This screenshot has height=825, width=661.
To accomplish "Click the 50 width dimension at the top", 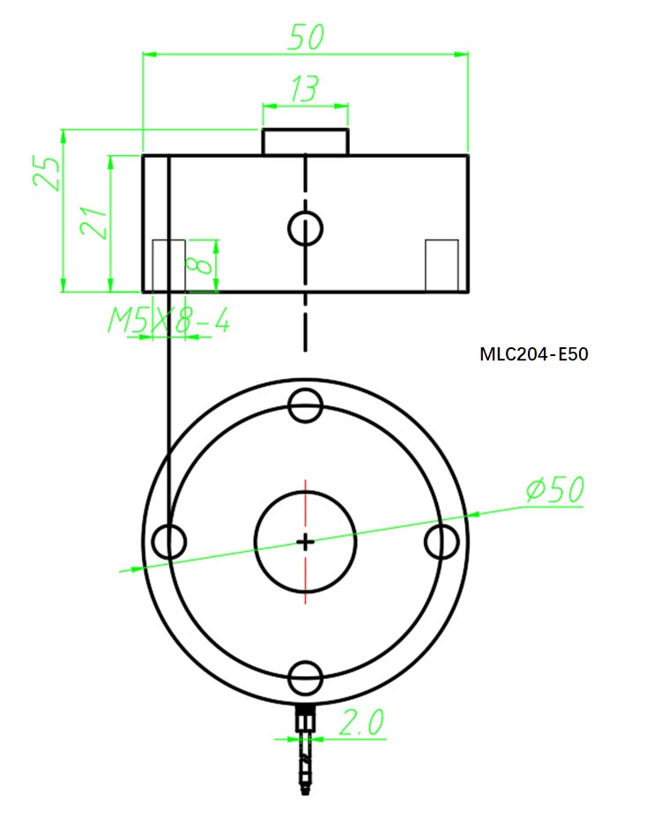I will (x=306, y=36).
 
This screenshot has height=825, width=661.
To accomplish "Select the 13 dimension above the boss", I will (x=304, y=89).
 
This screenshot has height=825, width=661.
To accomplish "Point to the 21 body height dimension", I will (x=94, y=223).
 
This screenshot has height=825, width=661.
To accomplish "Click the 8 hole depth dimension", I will (x=201, y=263).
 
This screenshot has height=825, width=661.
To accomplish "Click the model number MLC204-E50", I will (x=533, y=354).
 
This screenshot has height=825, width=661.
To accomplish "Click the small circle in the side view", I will (x=306, y=228).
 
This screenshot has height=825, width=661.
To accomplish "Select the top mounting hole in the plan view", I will (x=306, y=406).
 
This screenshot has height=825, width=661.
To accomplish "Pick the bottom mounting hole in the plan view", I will (x=306, y=678).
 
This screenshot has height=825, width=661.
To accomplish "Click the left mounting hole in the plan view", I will (x=168, y=541).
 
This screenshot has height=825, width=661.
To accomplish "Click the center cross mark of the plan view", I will (x=306, y=541).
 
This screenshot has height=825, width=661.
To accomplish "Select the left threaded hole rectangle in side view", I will (x=168, y=264).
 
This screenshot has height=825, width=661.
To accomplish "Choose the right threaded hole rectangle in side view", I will (x=442, y=264).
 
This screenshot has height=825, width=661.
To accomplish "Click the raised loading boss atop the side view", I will (x=305, y=142).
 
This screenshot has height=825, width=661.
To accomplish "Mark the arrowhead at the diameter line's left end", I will (x=129, y=569).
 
